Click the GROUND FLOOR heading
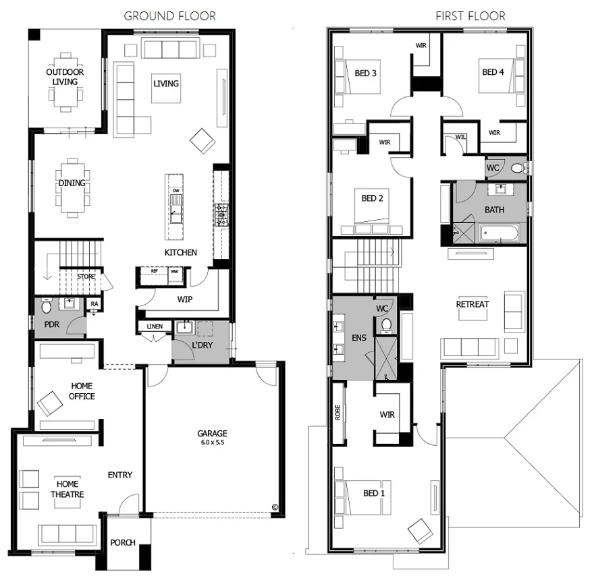[x=169, y=16]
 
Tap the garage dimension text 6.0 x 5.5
[x=212, y=442]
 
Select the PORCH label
[x=123, y=542]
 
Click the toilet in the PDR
[x=47, y=308]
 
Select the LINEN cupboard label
[x=154, y=327]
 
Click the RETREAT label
[x=472, y=304]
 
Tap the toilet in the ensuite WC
[x=387, y=325]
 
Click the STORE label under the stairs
[x=86, y=276]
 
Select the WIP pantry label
[x=186, y=297]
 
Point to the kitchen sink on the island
[x=175, y=216]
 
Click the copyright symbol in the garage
[x=274, y=507]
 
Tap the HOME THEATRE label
[x=67, y=489]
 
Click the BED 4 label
[x=492, y=72]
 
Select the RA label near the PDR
[x=94, y=304]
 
